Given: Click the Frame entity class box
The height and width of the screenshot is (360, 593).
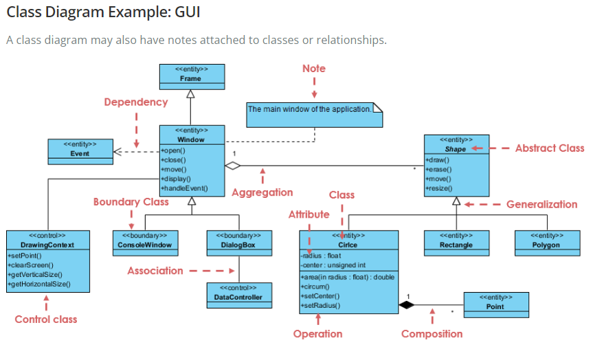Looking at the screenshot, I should click(x=191, y=76).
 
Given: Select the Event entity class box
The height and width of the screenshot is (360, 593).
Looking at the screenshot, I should click(x=80, y=150).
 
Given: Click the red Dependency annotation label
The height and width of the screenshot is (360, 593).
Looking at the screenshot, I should click(x=135, y=102).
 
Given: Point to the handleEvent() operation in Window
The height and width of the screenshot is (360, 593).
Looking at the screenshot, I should click(x=184, y=188).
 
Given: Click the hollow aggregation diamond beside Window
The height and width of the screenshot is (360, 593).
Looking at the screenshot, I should click(x=234, y=166).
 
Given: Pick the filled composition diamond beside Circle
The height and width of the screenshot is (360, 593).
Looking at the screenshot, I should click(x=407, y=304).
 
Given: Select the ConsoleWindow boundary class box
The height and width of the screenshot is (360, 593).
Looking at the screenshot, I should click(x=144, y=241).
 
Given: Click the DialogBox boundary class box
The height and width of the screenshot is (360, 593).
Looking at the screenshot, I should click(x=234, y=241).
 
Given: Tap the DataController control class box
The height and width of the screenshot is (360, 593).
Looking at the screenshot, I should click(x=234, y=294).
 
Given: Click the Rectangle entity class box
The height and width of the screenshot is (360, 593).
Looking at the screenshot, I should click(x=457, y=241).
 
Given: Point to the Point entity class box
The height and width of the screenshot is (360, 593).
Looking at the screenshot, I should click(x=495, y=304).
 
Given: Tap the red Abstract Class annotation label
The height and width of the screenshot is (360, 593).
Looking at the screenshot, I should click(x=550, y=148).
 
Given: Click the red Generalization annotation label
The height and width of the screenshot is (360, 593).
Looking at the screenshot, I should click(x=541, y=205).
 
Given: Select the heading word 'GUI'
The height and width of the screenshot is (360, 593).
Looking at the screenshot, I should click(x=186, y=13).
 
